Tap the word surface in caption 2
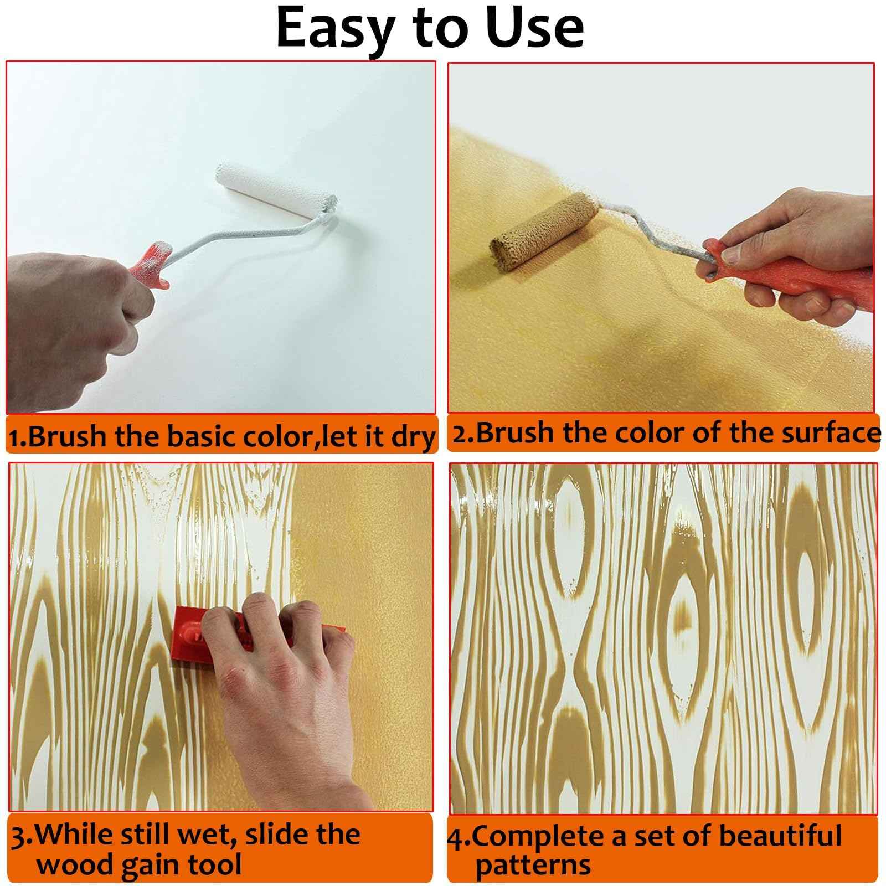[x=831, y=432]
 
